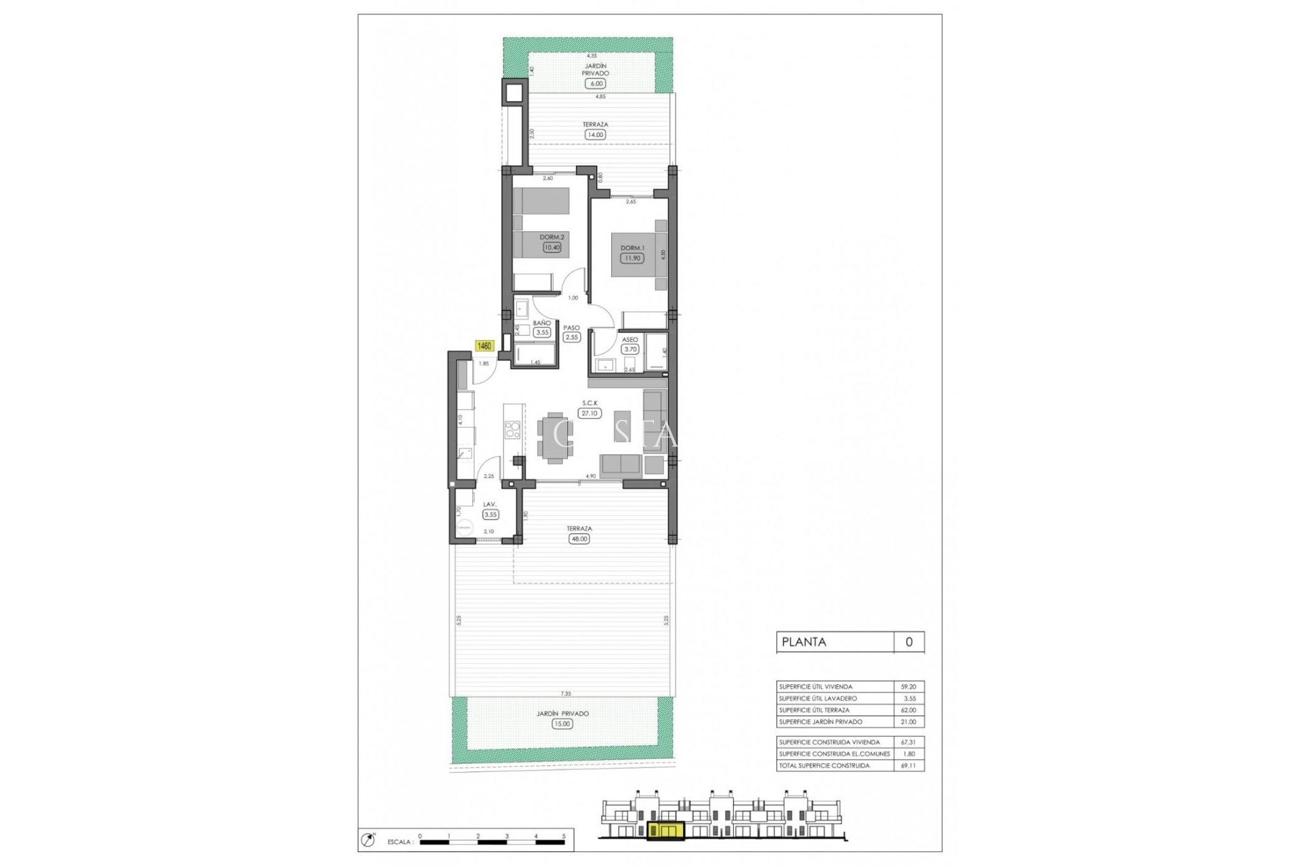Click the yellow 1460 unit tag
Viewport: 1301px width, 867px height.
click(484, 346)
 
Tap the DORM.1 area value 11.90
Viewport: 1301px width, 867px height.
click(632, 258)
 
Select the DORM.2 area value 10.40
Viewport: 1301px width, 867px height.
click(552, 247)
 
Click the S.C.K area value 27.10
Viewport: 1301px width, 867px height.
click(590, 413)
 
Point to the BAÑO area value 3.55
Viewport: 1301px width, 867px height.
click(542, 333)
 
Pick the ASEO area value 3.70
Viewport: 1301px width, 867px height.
click(630, 349)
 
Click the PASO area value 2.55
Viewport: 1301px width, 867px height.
click(572, 337)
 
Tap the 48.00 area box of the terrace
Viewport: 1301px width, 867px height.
click(579, 539)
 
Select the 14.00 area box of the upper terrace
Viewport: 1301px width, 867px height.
click(596, 135)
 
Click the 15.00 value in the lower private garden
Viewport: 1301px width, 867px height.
click(562, 723)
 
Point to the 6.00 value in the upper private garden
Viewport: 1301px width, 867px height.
click(596, 83)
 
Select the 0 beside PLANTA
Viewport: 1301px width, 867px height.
click(909, 642)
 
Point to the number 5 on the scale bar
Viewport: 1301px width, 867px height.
click(564, 836)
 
